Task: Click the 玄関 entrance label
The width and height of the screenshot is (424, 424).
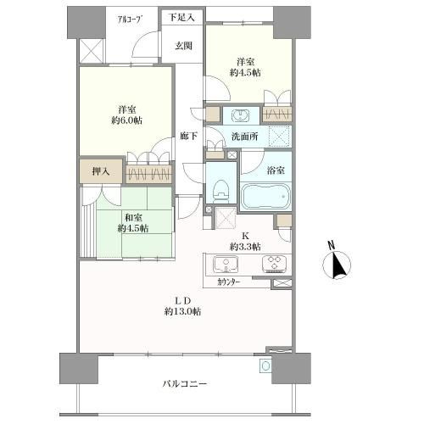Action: (183, 46)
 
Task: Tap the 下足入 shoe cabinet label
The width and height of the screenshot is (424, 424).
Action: (182, 18)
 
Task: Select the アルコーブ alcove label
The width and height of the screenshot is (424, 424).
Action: (130, 20)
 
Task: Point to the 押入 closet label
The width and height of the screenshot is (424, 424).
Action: (101, 171)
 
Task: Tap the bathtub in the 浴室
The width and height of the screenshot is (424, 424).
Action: (265, 196)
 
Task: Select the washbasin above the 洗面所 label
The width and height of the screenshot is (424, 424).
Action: (241, 115)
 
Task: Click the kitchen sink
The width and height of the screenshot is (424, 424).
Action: (226, 264)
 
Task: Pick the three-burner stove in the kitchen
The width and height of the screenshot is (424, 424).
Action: (275, 263)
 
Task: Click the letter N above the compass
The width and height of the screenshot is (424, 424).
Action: (332, 245)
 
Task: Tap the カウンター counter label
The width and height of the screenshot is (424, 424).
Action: (229, 282)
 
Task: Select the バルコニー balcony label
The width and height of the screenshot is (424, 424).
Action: (185, 383)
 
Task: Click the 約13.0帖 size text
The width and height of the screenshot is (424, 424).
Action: (183, 311)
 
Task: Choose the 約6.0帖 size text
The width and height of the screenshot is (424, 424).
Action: (126, 120)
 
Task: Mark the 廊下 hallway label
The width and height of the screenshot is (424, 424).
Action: (189, 137)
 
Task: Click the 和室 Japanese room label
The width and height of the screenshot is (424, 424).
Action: (133, 218)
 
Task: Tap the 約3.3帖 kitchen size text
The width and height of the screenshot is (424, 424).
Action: (245, 247)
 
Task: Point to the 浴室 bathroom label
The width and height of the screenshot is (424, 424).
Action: (276, 170)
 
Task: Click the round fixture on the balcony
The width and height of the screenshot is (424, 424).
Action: (265, 366)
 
